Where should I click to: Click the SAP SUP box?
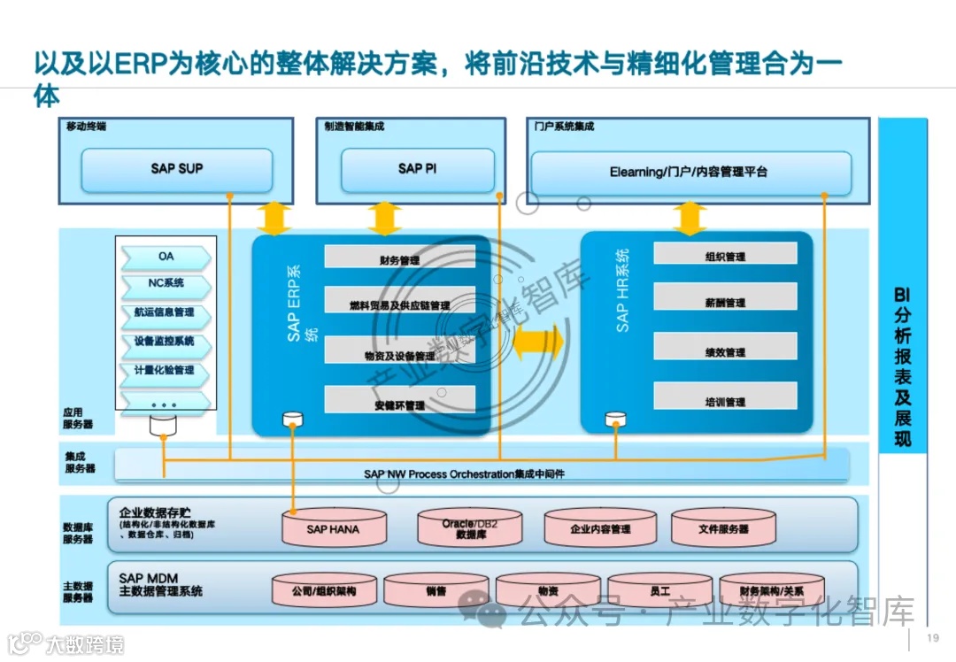pos(176,169)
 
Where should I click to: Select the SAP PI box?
pos(417,169)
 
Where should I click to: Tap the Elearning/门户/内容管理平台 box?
pos(689,172)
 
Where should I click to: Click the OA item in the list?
pos(166,257)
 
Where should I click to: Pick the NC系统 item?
pos(166,284)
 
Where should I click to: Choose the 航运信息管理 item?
pos(165,312)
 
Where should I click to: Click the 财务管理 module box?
pos(398,259)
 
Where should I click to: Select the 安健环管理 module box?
pos(398,404)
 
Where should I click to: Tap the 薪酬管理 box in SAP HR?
pos(725,302)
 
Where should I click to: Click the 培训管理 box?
pos(725,402)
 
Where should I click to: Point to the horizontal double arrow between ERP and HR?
pos(537,342)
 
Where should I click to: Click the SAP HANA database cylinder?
pos(333,528)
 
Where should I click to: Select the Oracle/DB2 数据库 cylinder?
pos(470,528)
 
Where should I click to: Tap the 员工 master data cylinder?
pos(659,590)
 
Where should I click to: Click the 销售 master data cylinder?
pos(436,590)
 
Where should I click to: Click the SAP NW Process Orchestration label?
pos(464,474)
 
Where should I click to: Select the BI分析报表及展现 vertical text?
pos(902,366)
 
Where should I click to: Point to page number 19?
pos(932,639)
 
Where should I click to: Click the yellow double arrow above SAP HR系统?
pos(690,219)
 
